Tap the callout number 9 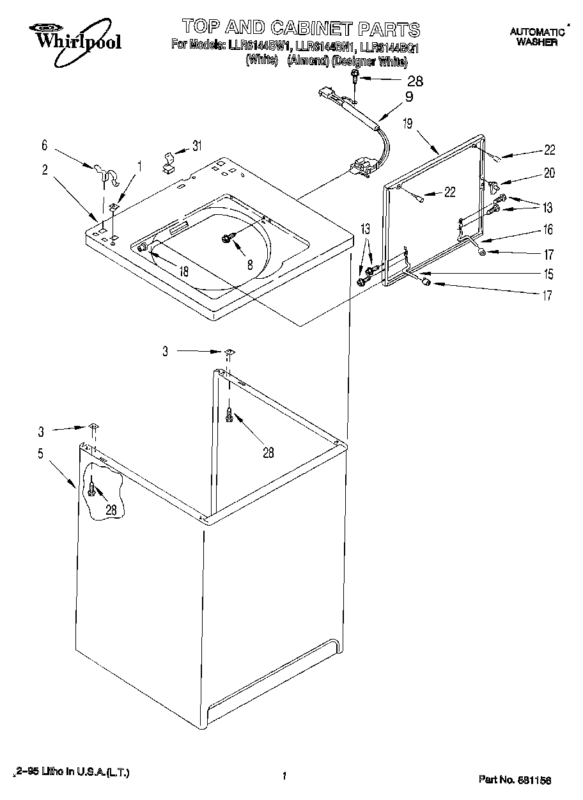click(409, 98)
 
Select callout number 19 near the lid click(407, 125)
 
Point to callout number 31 click(196, 146)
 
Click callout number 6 click(44, 146)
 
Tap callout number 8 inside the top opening click(249, 263)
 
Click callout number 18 click(183, 271)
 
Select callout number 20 click(549, 172)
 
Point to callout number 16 click(548, 230)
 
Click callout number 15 click(548, 274)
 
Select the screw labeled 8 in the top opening click(227, 239)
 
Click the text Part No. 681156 click(515, 780)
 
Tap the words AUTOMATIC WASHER click(537, 37)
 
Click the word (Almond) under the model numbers click(307, 61)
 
